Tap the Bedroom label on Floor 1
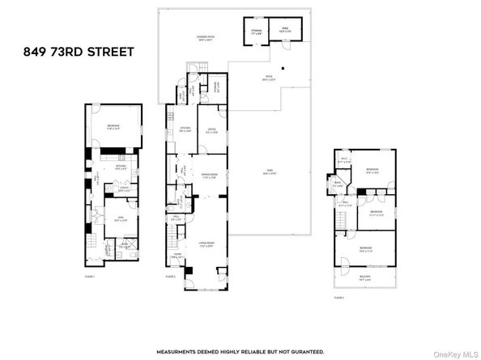coord(112,126)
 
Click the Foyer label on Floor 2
coord(176,257)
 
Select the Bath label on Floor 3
coord(339,184)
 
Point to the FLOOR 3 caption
coord(339,297)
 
